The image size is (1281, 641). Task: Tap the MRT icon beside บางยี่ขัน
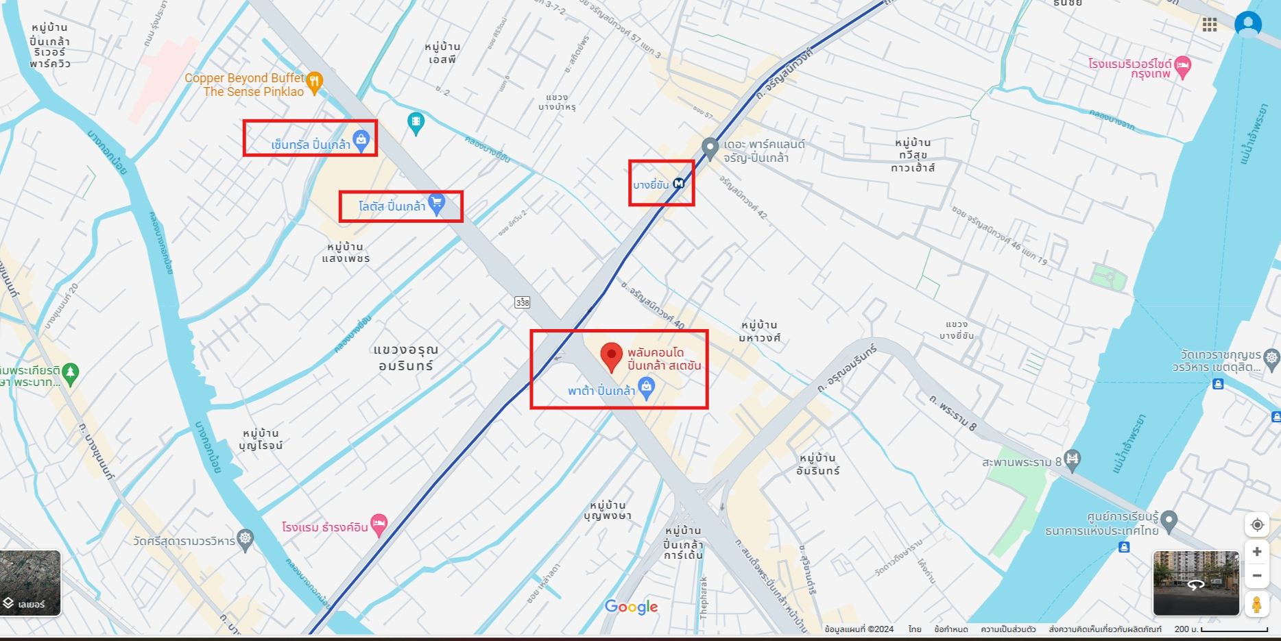coord(679,183)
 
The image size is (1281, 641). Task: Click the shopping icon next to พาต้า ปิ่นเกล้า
coord(646,388)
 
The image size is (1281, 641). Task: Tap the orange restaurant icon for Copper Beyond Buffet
coord(314,82)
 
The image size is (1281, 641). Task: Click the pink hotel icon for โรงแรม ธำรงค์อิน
coord(379,524)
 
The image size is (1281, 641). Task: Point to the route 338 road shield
coord(523,302)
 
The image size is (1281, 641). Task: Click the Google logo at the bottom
coord(631,607)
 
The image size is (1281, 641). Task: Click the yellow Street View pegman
coord(1256,605)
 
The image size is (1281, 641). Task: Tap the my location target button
coord(1257,525)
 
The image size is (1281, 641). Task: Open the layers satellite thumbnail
coord(30,583)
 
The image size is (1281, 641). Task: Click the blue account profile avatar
coord(1248,25)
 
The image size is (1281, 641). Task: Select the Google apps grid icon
coord(1210,25)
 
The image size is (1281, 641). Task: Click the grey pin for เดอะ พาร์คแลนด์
coord(710,147)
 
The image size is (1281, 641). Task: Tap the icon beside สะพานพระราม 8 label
coord(1073,459)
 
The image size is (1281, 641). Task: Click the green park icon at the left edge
coord(71,373)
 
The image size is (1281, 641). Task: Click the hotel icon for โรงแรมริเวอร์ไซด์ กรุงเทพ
coord(1182,66)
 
